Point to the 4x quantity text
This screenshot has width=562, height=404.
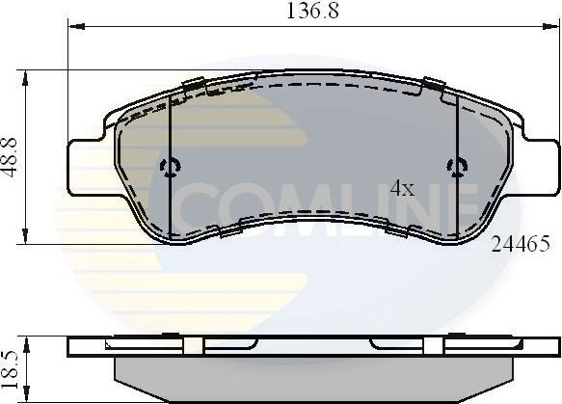coord(401,190)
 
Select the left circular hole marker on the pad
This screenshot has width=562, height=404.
coord(171,167)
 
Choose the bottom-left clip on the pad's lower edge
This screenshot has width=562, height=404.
coord(232,229)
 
